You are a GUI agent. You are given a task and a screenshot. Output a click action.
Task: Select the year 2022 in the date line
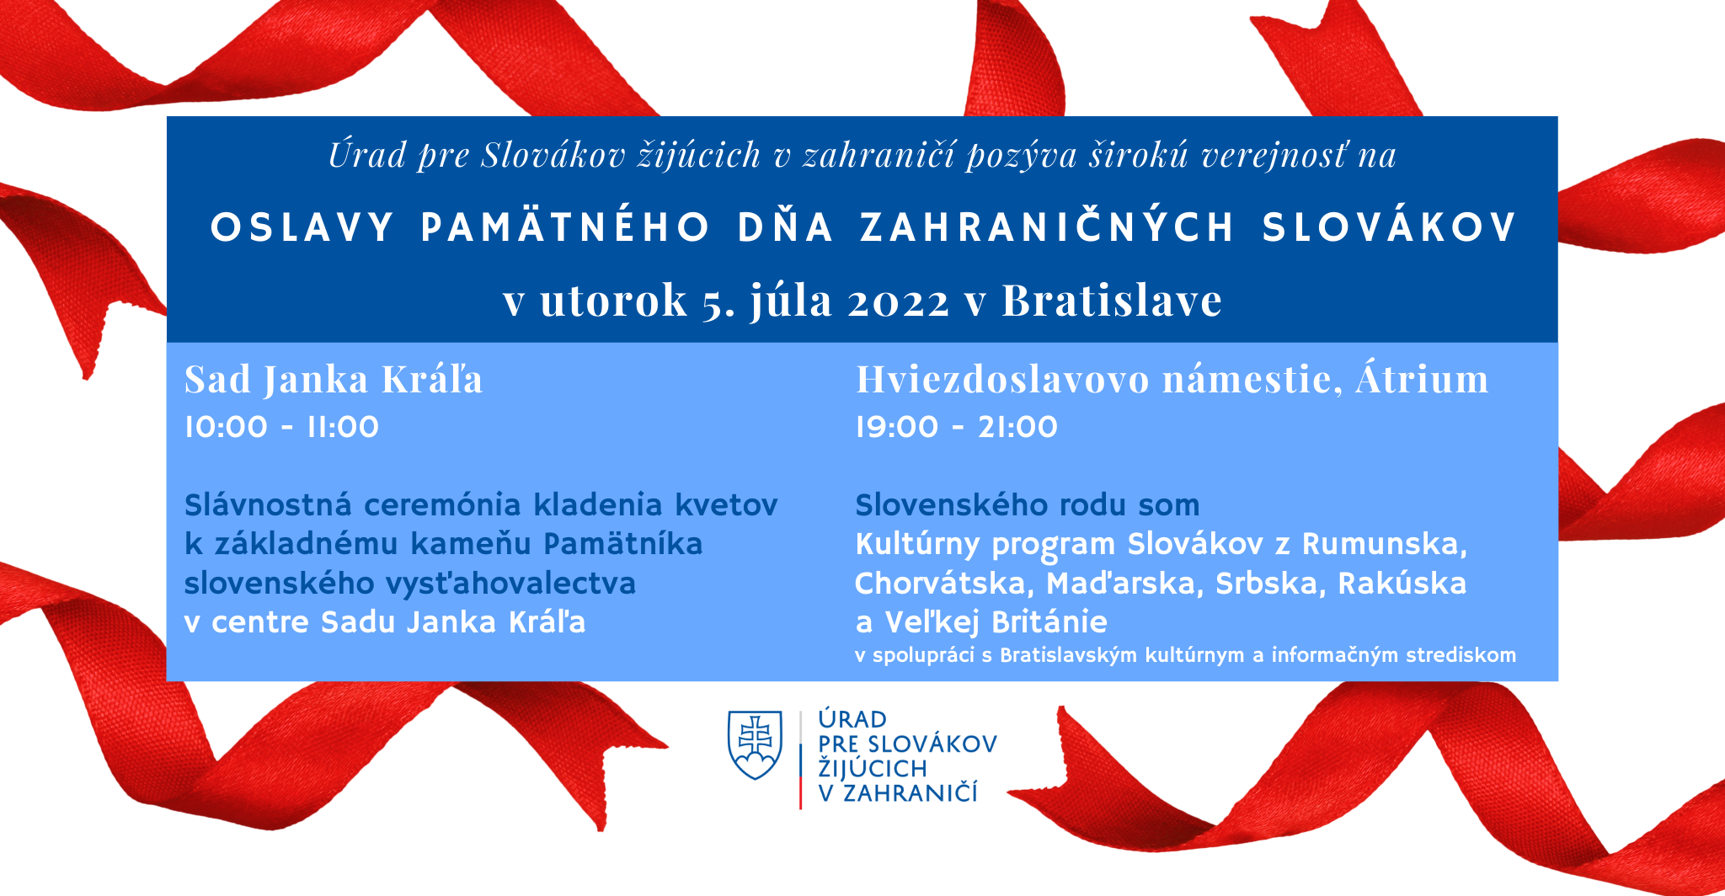[899, 301]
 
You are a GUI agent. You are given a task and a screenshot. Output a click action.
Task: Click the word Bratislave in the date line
[1112, 300]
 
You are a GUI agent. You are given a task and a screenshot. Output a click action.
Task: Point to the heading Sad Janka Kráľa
[334, 379]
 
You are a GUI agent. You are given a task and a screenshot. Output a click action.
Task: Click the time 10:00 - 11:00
[282, 427]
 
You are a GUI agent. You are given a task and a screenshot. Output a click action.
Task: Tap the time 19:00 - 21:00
[957, 427]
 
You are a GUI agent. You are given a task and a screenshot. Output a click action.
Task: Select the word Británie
[1049, 621]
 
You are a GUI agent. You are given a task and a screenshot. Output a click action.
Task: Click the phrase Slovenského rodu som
[1028, 505]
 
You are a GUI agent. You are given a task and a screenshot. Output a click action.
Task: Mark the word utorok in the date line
[613, 301]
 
